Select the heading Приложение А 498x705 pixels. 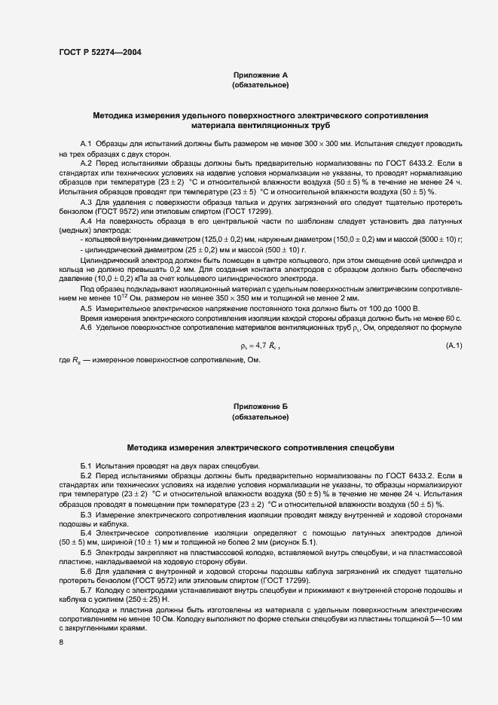click(260, 76)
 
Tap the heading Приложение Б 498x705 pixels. click(260, 406)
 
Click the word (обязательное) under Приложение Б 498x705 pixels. click(260, 417)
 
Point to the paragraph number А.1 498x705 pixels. click(86, 142)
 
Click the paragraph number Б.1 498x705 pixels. click(86, 465)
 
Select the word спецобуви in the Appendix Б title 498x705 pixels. click(370, 447)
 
